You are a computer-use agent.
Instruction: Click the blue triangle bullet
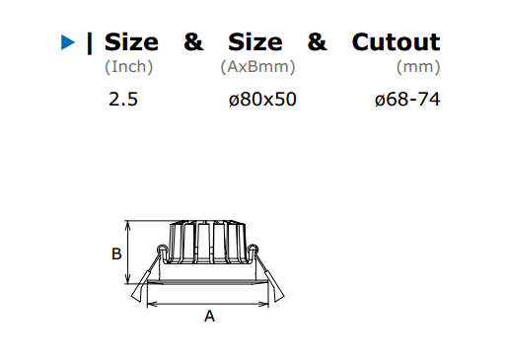(68, 42)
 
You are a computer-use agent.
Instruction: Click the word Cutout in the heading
(396, 42)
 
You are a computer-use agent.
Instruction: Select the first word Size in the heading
(131, 42)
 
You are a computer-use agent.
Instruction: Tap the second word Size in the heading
(255, 42)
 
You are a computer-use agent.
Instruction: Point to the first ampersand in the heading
(193, 42)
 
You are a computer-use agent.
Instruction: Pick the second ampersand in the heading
(318, 42)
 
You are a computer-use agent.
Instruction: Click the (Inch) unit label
(129, 67)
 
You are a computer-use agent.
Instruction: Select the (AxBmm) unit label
(257, 67)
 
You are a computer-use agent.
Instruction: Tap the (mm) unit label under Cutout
(418, 67)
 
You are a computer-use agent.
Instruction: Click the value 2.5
(123, 99)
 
